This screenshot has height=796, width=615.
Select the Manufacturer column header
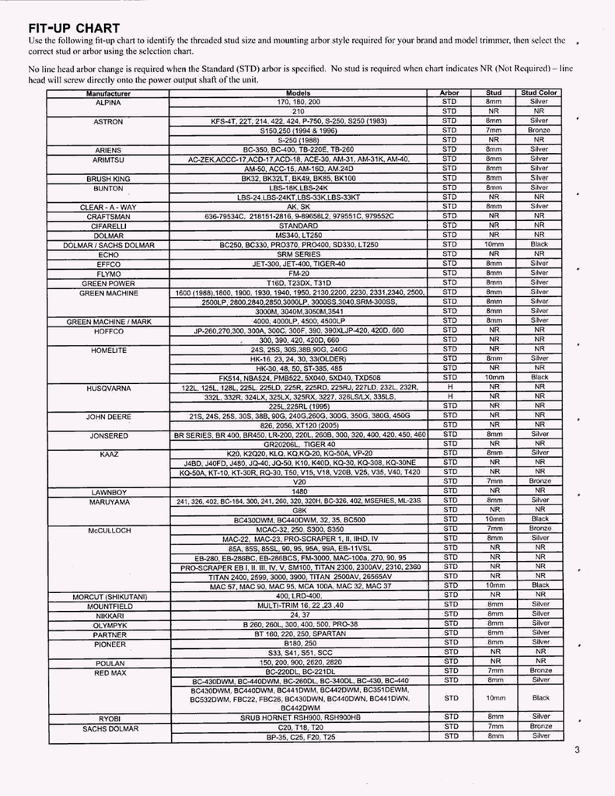point(108,93)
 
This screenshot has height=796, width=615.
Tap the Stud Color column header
point(540,93)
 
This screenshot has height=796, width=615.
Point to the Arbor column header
point(449,93)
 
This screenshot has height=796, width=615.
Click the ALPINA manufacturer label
point(108,102)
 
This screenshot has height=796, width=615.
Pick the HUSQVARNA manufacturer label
point(108,387)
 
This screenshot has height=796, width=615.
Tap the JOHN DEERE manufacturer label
point(108,417)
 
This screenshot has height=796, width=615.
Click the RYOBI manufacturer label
point(108,718)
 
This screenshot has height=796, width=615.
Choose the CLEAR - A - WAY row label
point(108,207)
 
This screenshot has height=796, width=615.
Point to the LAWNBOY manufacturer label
point(108,491)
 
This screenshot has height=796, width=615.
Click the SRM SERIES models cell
point(299,254)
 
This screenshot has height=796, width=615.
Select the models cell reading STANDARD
point(299,225)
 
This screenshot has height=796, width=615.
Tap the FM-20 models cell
point(299,274)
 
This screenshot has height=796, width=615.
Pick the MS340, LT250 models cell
point(299,235)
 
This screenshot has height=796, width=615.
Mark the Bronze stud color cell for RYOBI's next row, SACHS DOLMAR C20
point(540,727)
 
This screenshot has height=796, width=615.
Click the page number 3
point(578,750)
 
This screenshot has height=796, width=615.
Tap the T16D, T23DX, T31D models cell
point(299,283)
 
